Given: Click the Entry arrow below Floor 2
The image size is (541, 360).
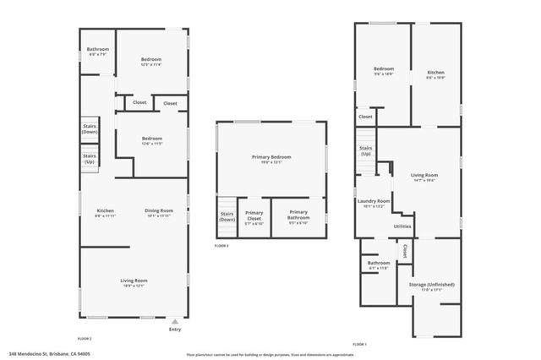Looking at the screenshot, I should point(174,321).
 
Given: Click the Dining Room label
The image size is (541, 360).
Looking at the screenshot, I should point(159,212).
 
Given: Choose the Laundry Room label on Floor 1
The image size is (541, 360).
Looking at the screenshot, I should point(373,203).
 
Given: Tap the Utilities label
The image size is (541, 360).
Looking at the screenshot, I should point(402,226).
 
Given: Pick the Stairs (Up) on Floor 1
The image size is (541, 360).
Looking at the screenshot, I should point(365,150).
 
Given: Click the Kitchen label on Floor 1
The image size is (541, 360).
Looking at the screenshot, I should point(435,74).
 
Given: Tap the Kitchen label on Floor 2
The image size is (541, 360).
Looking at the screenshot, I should point(105,212).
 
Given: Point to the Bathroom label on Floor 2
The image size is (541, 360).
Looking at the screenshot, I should point(98,51).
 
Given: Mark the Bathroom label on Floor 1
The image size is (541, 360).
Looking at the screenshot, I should point(378,265).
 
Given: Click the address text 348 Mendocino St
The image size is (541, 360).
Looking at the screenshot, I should point(50,354).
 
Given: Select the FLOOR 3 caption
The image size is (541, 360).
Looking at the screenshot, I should point(221,245).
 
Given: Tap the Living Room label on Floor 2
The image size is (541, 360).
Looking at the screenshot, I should point(134,282).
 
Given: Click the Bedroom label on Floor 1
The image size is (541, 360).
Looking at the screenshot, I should point(384,70).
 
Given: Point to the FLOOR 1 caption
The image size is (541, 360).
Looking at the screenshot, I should point(359,344).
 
